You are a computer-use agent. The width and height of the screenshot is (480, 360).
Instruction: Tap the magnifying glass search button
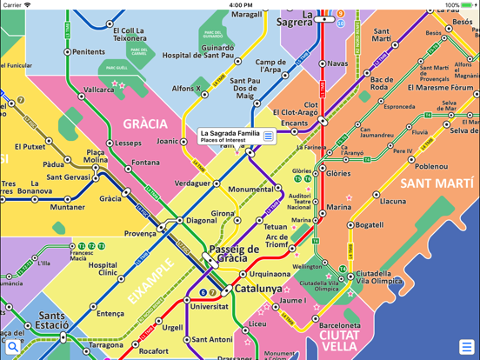(12, 347)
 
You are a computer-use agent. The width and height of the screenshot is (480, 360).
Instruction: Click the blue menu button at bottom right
(467, 347)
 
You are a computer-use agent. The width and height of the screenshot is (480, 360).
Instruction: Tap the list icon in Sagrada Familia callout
(269, 136)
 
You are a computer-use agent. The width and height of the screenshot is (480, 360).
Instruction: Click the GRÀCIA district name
(144, 123)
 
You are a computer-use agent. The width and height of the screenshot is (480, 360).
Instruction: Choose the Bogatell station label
(370, 225)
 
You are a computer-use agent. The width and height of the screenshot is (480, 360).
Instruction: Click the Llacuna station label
(393, 202)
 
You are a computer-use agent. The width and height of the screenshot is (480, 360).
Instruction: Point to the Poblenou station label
(430, 167)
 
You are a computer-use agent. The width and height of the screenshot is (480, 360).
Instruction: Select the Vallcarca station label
(98, 90)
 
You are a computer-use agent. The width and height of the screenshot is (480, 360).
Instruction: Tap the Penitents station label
(88, 52)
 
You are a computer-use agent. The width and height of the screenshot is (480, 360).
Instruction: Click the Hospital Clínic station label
(103, 270)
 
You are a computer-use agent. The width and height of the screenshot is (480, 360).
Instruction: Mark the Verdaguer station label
(192, 183)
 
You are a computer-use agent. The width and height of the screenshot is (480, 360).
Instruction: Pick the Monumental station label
(250, 189)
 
